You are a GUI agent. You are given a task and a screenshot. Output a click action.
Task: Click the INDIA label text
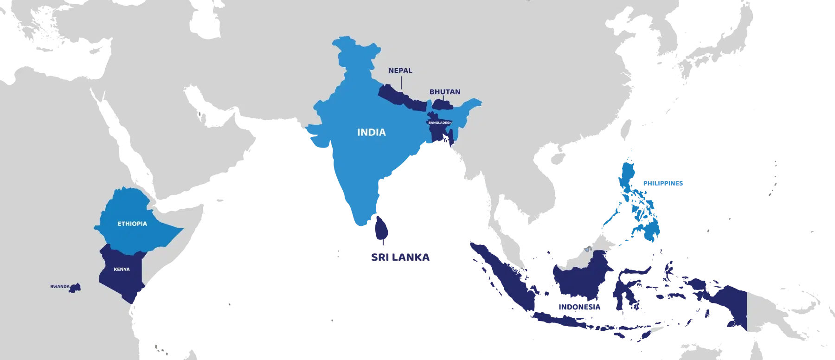[x=371, y=133]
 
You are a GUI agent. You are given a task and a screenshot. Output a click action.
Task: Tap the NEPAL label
[x=400, y=71]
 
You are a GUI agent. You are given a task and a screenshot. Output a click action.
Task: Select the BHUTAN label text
[x=445, y=92]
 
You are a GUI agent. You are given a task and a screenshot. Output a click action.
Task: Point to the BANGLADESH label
[x=439, y=122]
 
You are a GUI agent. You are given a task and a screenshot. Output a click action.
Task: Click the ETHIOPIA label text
[x=132, y=224]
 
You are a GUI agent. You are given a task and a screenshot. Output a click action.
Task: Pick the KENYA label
[x=122, y=269]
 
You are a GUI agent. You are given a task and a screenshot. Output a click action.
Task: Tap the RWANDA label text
[x=59, y=287]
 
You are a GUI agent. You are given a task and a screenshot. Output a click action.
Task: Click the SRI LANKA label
[x=400, y=257]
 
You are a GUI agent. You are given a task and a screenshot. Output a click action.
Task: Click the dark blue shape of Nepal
[x=401, y=97]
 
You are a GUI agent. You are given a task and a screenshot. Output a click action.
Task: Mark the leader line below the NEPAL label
[x=401, y=83]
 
